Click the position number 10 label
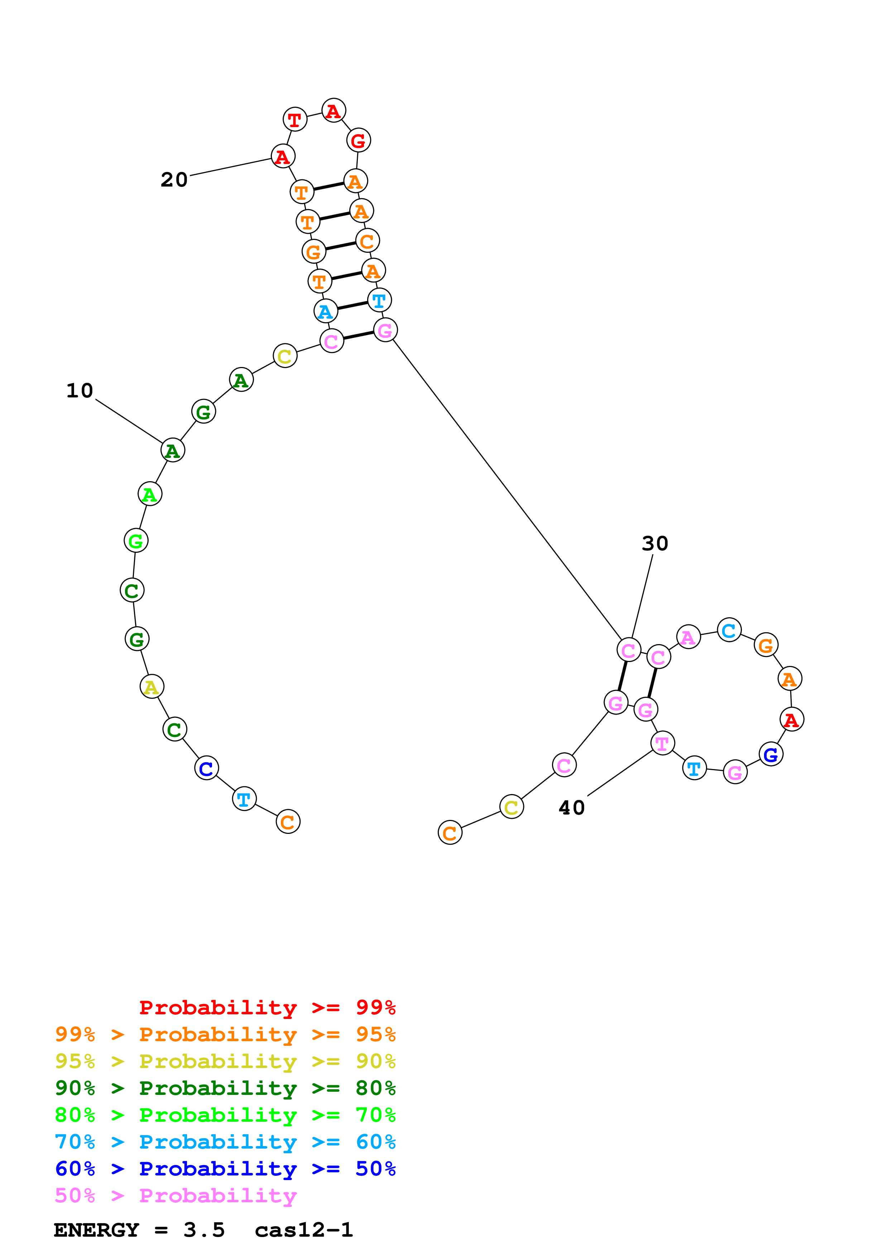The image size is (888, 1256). click(80, 391)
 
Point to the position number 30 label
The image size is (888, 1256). click(655, 543)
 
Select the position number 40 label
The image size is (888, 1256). click(572, 807)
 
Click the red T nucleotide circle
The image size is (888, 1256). click(295, 119)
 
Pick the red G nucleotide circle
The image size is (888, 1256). click(358, 141)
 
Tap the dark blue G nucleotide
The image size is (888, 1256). click(771, 754)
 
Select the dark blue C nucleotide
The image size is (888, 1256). click(206, 768)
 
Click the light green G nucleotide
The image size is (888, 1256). click(136, 541)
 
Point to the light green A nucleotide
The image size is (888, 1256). click(149, 494)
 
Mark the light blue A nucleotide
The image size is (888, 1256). click(326, 311)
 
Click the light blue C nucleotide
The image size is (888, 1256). click(729, 630)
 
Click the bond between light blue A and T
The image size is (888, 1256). click(352, 305)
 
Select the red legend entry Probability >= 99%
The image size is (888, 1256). click(267, 1007)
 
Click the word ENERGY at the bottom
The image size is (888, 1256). click(96, 1230)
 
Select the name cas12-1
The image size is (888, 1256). click(304, 1230)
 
